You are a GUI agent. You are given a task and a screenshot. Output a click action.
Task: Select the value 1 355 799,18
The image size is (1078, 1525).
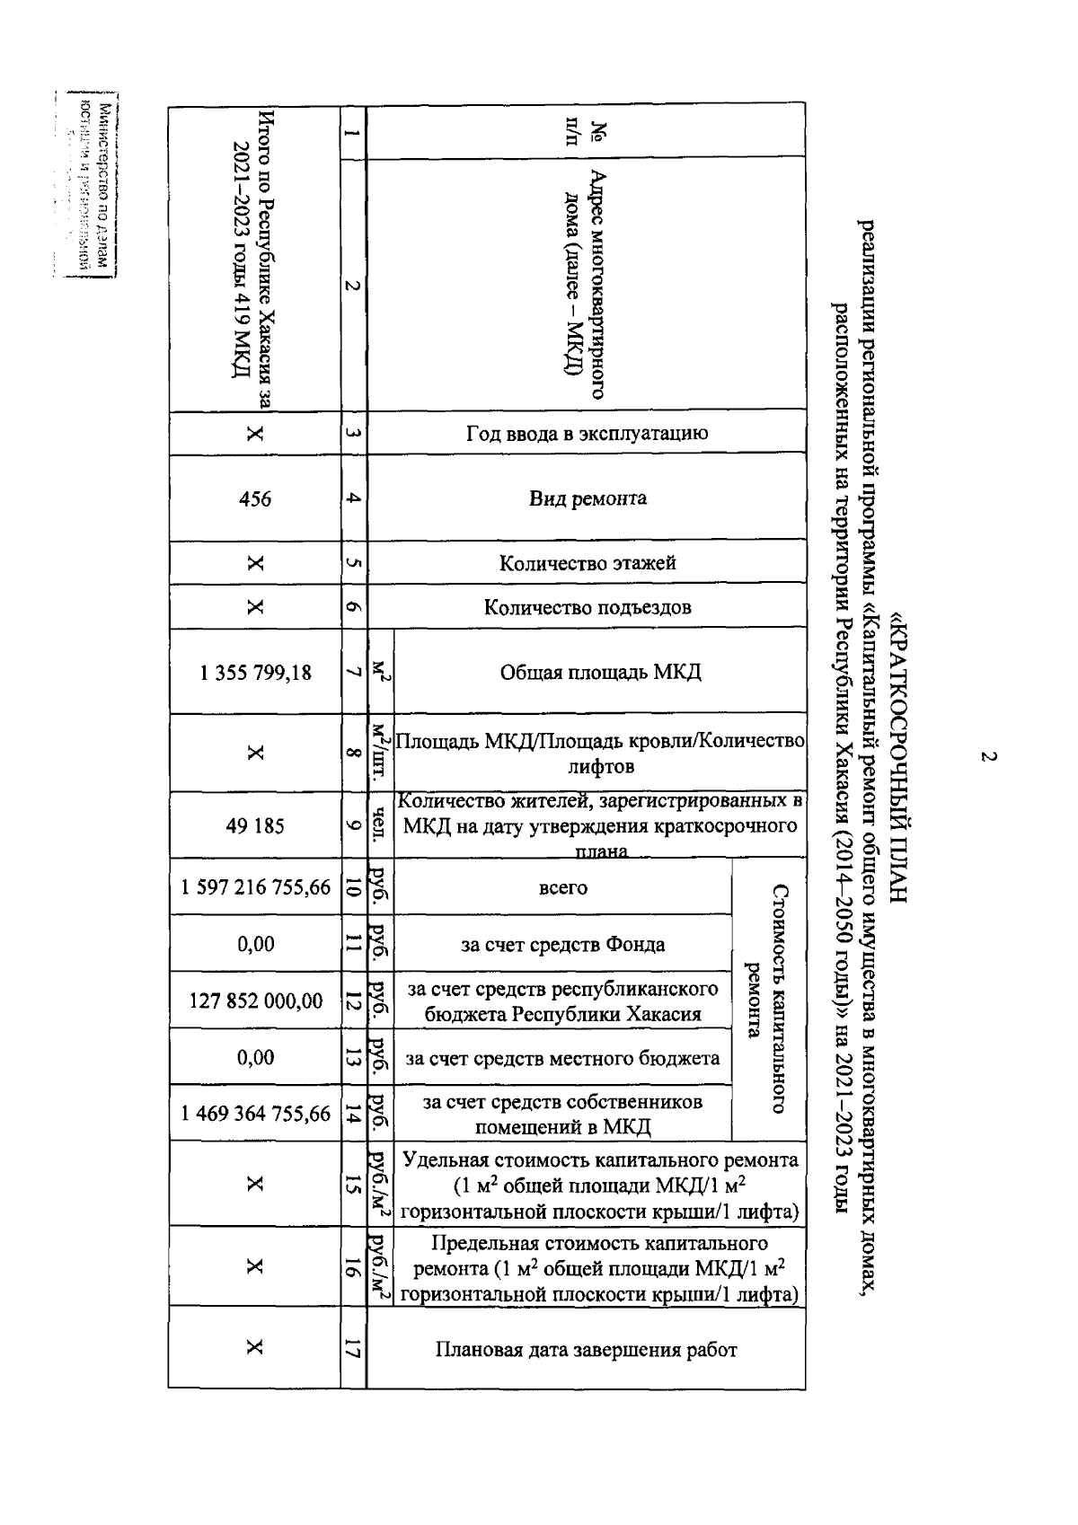point(256,672)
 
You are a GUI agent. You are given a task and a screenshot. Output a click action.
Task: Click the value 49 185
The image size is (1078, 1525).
point(256,825)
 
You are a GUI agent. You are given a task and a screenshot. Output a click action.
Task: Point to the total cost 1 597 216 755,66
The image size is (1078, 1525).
point(256,887)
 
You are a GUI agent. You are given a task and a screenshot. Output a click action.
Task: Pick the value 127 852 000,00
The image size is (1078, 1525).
point(256,1001)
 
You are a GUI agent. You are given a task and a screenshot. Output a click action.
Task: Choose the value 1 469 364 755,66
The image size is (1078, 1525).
point(256,1114)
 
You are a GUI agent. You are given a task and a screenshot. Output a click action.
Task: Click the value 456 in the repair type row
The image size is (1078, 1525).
point(256,498)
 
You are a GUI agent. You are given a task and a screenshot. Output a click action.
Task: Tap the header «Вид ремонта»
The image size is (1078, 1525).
point(588,498)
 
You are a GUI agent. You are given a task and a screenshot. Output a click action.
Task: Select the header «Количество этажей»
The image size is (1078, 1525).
point(588,563)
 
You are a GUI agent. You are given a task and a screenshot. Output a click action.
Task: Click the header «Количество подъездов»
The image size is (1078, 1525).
point(588,607)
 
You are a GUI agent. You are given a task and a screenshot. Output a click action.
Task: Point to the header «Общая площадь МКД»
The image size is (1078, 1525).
point(600,672)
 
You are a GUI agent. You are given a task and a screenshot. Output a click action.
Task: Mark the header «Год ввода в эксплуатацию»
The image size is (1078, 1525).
point(588,433)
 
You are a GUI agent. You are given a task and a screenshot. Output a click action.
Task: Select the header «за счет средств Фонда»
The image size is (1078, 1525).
point(562,944)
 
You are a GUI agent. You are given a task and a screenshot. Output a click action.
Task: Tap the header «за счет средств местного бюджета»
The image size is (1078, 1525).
point(562,1058)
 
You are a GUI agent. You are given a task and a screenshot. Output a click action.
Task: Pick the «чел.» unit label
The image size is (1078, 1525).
point(381,825)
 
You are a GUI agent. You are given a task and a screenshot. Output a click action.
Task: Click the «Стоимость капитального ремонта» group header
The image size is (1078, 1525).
point(769,999)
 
